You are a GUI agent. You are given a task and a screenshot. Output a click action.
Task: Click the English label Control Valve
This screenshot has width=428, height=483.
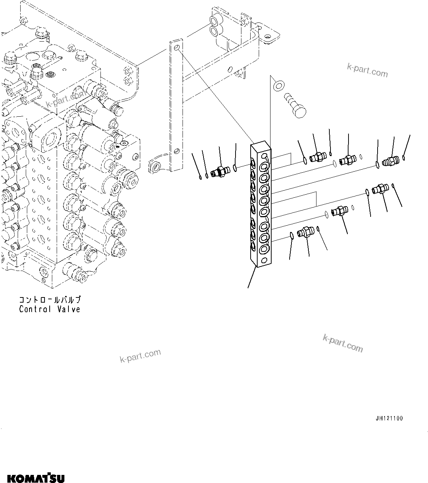[50, 309]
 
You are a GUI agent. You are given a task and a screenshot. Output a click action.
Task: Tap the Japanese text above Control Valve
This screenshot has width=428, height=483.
[50, 300]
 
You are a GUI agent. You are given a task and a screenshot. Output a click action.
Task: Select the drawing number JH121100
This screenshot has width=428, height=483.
[389, 418]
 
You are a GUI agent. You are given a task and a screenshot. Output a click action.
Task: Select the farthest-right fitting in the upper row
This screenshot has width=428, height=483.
[391, 161]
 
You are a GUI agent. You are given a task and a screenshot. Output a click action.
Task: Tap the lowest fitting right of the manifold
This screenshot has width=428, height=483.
[305, 232]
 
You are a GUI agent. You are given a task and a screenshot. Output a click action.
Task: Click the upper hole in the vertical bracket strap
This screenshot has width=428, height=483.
[177, 48]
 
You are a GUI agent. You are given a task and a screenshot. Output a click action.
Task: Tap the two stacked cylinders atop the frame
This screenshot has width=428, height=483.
[214, 25]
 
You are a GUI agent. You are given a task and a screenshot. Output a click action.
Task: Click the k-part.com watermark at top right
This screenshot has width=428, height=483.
[367, 71]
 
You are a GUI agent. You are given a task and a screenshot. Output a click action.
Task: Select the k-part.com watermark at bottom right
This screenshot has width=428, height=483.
[342, 343]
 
